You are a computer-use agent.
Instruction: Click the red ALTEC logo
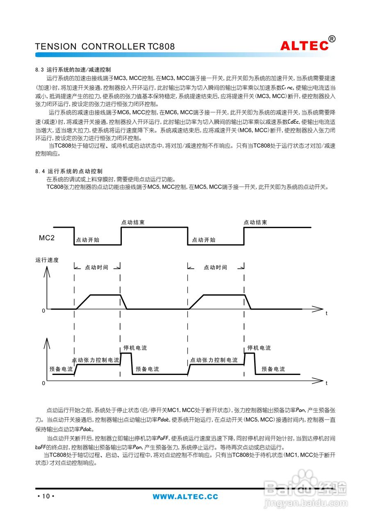pyautogui.click(x=305, y=46)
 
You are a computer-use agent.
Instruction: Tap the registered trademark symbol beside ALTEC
pyautogui.click(x=332, y=39)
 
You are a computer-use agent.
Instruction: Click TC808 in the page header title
pyautogui.click(x=161, y=47)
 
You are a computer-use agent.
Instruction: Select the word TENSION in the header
pyautogui.click(x=56, y=47)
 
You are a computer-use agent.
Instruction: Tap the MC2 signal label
pyautogui.click(x=47, y=238)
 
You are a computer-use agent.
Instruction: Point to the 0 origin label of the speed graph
pyautogui.click(x=43, y=311)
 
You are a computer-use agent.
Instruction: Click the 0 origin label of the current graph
pyautogui.click(x=43, y=383)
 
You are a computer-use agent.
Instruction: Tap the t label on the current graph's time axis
pyautogui.click(x=326, y=384)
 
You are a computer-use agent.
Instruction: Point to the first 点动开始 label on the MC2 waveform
pyautogui.click(x=88, y=240)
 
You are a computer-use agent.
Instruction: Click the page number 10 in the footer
pyautogui.click(x=46, y=496)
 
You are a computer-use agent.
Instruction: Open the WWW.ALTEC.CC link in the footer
pyautogui.click(x=185, y=497)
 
